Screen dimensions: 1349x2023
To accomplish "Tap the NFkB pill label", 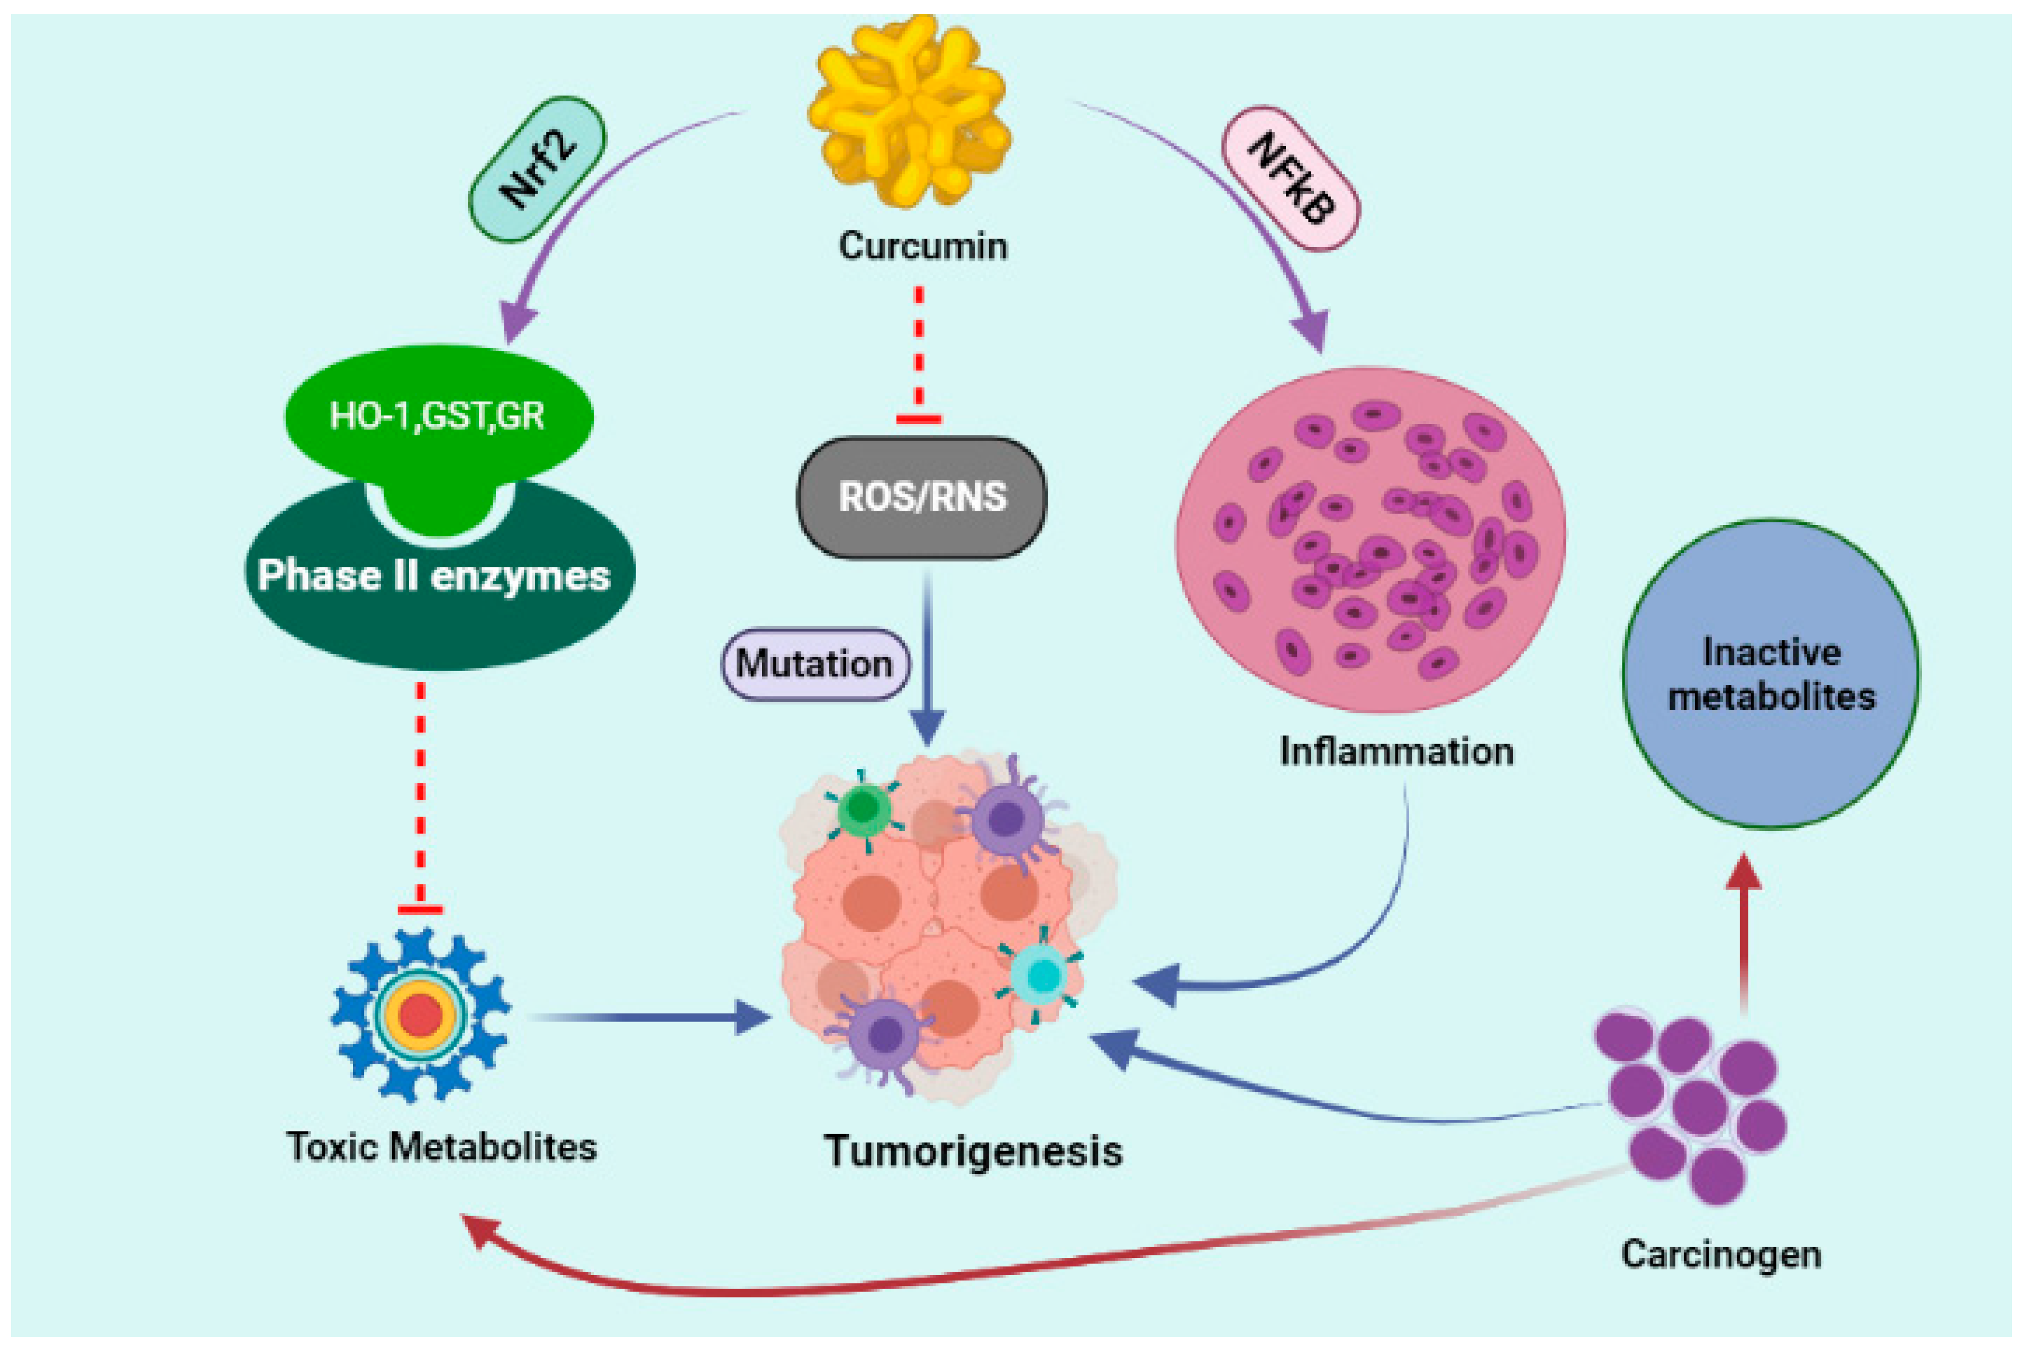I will point(1290,179).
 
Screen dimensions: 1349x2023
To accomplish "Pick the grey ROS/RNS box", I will point(922,497).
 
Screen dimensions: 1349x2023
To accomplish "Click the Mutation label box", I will point(814,663).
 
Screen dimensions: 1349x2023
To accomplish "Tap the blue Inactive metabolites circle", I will point(1771,674).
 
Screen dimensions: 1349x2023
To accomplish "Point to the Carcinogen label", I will point(1721,1254).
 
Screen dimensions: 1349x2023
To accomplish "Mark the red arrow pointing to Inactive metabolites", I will point(1744,938).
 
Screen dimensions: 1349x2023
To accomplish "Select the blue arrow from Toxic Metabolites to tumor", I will point(645,1018).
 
